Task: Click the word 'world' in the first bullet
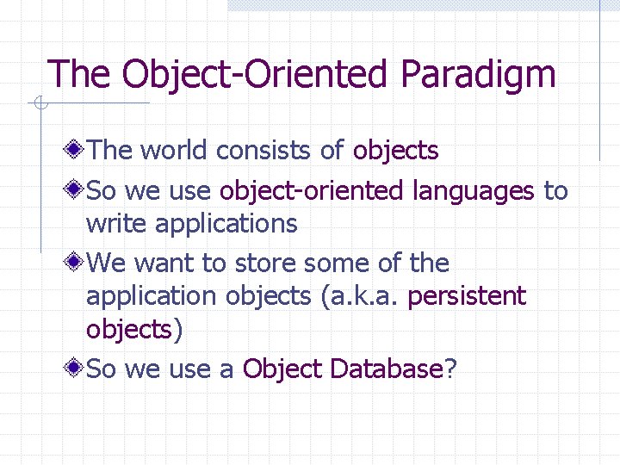[x=175, y=151]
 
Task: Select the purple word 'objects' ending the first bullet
[x=395, y=151]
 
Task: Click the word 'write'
[x=116, y=224]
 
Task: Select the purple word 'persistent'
[x=466, y=297]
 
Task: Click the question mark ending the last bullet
[x=450, y=369]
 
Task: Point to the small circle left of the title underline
[x=40, y=105]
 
